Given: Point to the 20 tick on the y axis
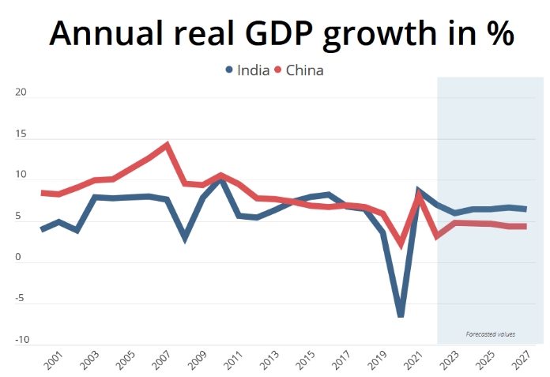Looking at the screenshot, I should point(21,92).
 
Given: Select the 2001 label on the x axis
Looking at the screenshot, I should point(54,360).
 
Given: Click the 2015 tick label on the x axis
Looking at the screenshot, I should point(306,360).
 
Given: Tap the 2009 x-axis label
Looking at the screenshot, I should point(198,360).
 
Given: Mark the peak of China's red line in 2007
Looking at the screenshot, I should point(167,145).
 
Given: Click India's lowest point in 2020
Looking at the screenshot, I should point(401,314).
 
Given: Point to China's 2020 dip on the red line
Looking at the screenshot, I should point(401,244).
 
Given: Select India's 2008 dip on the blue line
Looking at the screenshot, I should point(185,237).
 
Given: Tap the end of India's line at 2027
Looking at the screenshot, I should point(526,209).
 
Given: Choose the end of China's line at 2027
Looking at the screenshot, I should point(526,227).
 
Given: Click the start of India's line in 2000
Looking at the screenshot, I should point(42,229).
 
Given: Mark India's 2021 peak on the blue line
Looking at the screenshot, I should point(419,190).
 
